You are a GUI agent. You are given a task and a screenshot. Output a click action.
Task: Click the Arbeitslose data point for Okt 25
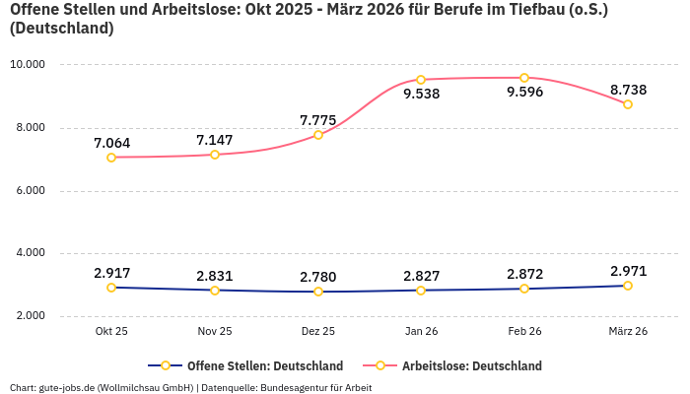point(111,158)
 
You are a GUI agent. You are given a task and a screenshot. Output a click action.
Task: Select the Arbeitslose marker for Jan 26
point(421,80)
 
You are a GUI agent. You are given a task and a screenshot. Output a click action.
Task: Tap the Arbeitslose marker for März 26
point(628,104)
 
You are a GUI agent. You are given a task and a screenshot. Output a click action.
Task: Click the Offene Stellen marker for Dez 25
point(317,292)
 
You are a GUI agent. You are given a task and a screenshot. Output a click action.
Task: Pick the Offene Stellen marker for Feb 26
point(524,289)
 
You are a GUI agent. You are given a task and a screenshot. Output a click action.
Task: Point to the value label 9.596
point(524,93)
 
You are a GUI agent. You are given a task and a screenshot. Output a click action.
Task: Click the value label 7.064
point(111,143)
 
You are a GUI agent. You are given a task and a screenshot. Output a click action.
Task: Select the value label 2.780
point(317,276)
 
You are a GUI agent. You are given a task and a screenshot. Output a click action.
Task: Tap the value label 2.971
point(628,270)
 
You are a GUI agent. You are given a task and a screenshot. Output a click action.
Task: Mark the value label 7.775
point(317,120)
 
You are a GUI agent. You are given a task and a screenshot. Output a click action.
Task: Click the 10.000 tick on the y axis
point(28,65)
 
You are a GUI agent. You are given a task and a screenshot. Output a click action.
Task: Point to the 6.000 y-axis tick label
point(31,191)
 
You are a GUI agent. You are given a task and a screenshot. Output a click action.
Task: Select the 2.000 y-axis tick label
point(31,316)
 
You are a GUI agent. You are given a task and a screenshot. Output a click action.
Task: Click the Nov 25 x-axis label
point(215,332)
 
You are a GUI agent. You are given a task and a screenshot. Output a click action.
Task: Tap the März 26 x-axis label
point(628,332)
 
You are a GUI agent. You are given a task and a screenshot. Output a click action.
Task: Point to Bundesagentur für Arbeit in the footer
point(315,387)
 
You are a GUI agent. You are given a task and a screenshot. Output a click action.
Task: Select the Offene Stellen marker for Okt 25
point(111,288)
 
